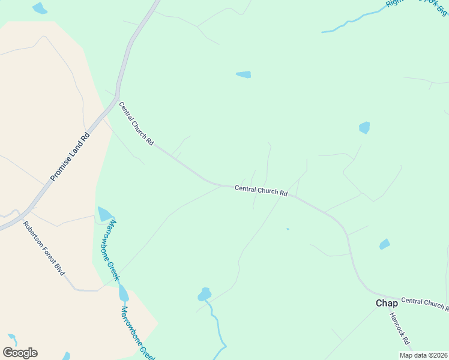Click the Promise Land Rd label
[x=70, y=157]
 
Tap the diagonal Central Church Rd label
[x=136, y=124]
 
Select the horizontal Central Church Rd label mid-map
[x=261, y=190]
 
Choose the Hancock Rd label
[x=399, y=328]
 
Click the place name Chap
[x=387, y=303]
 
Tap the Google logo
[x=20, y=353]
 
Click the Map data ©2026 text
[x=423, y=355]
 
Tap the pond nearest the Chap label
[x=384, y=244]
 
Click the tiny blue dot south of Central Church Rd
[x=288, y=229]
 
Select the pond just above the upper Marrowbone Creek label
[x=105, y=214]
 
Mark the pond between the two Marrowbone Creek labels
[x=124, y=293]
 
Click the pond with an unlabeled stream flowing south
[x=204, y=294]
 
